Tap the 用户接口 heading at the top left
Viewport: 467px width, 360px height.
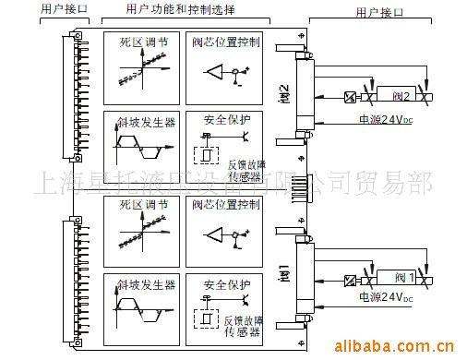[64, 8]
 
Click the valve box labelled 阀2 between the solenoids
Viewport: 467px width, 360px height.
[399, 97]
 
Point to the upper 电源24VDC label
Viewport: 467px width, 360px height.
[381, 118]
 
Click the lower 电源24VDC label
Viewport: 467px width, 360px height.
[381, 297]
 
